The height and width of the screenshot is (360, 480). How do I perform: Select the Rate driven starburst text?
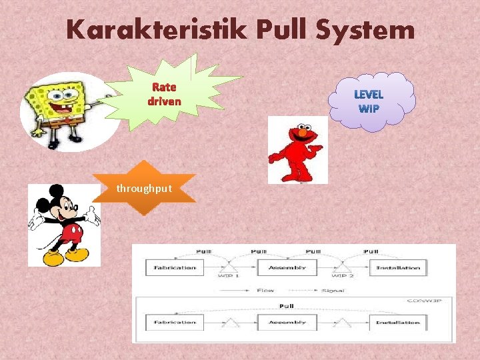164,94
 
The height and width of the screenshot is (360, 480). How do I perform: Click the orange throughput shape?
144,189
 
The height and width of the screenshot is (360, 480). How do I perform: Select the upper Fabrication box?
171,267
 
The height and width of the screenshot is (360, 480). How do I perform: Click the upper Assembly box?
287,267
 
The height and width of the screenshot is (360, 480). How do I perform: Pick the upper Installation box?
398,267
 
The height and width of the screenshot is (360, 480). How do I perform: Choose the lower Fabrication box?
171,323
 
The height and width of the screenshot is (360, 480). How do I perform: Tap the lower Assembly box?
287,323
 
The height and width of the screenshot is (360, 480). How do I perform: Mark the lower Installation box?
398,323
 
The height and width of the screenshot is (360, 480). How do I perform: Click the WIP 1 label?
229,275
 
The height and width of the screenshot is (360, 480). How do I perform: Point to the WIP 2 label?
344,275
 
